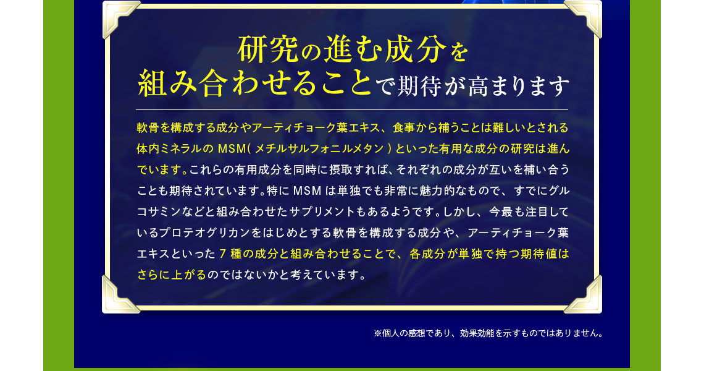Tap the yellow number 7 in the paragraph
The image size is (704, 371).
223,254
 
